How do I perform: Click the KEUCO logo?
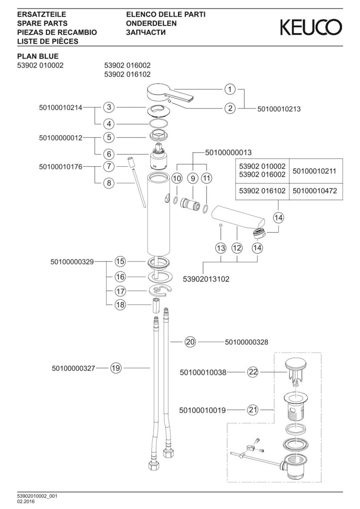pos(311,27)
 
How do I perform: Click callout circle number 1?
pos(230,89)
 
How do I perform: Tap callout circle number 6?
pos(109,154)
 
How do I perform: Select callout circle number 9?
pos(192,178)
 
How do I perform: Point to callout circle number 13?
pos(221,248)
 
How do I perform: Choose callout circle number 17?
pos(121,291)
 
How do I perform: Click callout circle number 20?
pos(190,342)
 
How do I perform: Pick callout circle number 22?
pos(253,372)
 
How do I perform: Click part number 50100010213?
pos(279,109)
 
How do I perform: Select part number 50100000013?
pos(229,152)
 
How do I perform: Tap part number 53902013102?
pos(206,279)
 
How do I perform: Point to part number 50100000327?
pos(74,368)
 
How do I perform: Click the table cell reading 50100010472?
pos(315,190)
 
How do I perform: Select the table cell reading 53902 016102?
pos(262,190)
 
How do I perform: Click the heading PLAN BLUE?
pos(38,57)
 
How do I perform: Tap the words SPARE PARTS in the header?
pos(42,24)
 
